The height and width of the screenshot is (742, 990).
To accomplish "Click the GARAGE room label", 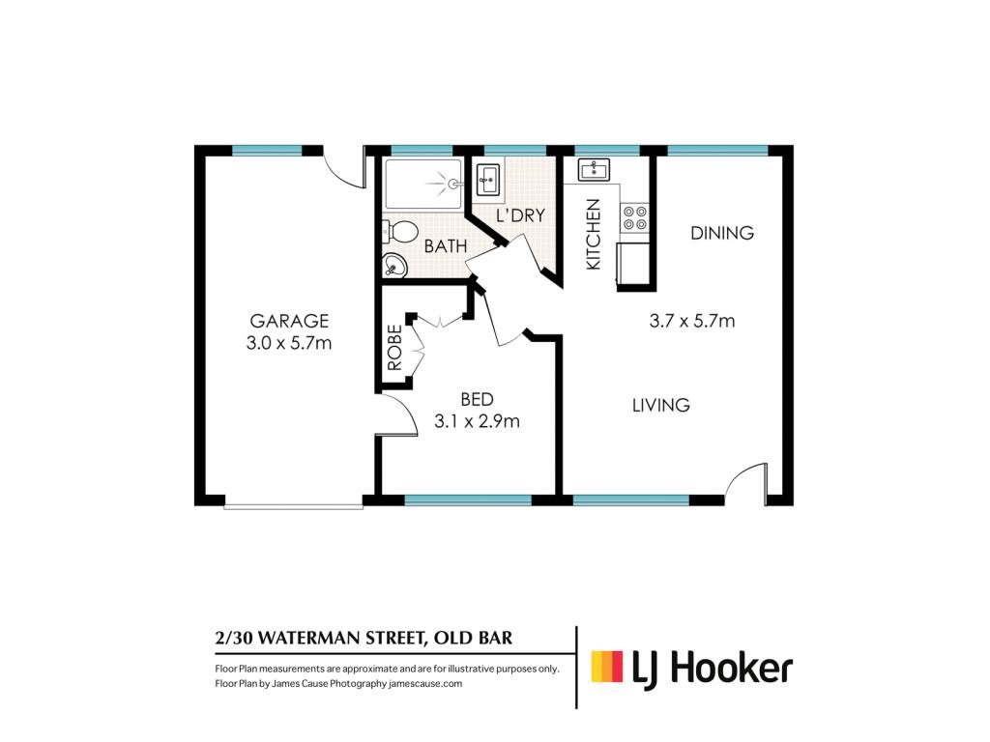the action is [289, 321].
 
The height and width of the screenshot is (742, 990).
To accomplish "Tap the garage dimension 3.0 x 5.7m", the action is [289, 343].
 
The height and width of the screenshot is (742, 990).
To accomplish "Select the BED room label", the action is [477, 399].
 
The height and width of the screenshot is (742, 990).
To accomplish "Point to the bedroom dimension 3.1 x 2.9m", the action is [477, 421].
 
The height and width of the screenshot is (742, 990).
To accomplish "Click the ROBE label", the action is [394, 347].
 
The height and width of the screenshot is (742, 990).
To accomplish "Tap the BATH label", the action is [446, 246].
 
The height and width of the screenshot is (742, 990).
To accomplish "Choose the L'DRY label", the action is [520, 215].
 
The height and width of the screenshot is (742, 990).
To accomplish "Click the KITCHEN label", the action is [593, 235].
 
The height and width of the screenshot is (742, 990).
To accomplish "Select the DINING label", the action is [721, 233].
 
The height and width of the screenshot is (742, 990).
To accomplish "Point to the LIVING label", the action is [661, 405].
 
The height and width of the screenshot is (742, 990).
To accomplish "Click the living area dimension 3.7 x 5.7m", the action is [692, 321].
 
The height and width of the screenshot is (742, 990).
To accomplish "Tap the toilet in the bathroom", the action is [399, 232].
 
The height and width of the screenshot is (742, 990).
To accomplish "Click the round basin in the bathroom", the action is [394, 265].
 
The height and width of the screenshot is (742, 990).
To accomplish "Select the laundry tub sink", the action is [488, 180].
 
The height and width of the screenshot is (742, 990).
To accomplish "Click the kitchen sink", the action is [594, 169].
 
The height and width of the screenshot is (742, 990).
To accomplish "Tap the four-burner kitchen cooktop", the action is [635, 217].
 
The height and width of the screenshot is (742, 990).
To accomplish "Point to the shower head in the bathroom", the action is [452, 185].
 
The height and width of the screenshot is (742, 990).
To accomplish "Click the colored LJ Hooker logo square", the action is [607, 667].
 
